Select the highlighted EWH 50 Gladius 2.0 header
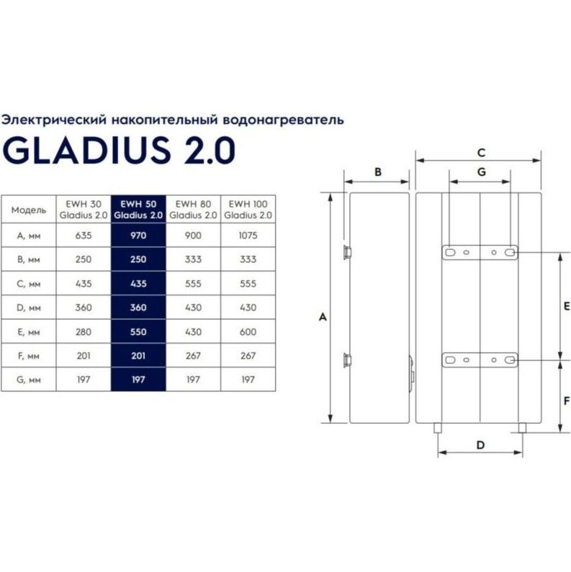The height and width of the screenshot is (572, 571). click(138, 209)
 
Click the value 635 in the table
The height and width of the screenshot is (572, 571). click(83, 235)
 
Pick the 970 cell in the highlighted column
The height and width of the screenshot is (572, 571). click(138, 235)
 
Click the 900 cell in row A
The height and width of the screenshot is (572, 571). click(193, 235)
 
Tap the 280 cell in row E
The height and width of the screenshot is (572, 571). click(83, 332)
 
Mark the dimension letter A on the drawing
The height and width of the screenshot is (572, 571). click(323, 317)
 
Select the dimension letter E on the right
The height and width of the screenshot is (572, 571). click(566, 305)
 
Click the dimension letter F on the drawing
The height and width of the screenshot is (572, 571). click(566, 401)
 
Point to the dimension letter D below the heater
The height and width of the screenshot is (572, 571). click(480, 444)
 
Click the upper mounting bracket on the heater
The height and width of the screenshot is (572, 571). click(480, 253)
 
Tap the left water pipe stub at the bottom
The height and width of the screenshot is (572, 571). click(438, 429)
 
